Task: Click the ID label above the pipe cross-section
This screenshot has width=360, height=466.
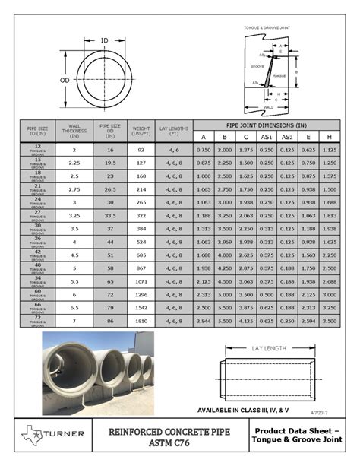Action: point(105,40)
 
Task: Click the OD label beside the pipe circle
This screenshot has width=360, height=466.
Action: point(65,79)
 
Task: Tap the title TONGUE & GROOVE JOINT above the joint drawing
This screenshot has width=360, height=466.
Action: point(267,27)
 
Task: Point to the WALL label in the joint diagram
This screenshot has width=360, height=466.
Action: point(268,107)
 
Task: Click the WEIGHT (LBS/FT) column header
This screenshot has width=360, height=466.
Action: point(141,130)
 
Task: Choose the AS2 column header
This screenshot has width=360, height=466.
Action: point(286,137)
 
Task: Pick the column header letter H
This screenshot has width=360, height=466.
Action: point(329,137)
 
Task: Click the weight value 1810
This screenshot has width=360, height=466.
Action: point(141,322)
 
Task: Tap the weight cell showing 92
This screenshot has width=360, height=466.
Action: point(141,151)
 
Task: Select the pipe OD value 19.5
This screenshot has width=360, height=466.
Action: point(110,163)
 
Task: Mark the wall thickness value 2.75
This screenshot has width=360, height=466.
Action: point(74,189)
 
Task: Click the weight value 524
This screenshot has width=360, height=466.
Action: point(141,242)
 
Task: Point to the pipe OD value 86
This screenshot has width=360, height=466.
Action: point(110,322)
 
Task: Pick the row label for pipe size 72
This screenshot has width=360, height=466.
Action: point(38,322)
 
